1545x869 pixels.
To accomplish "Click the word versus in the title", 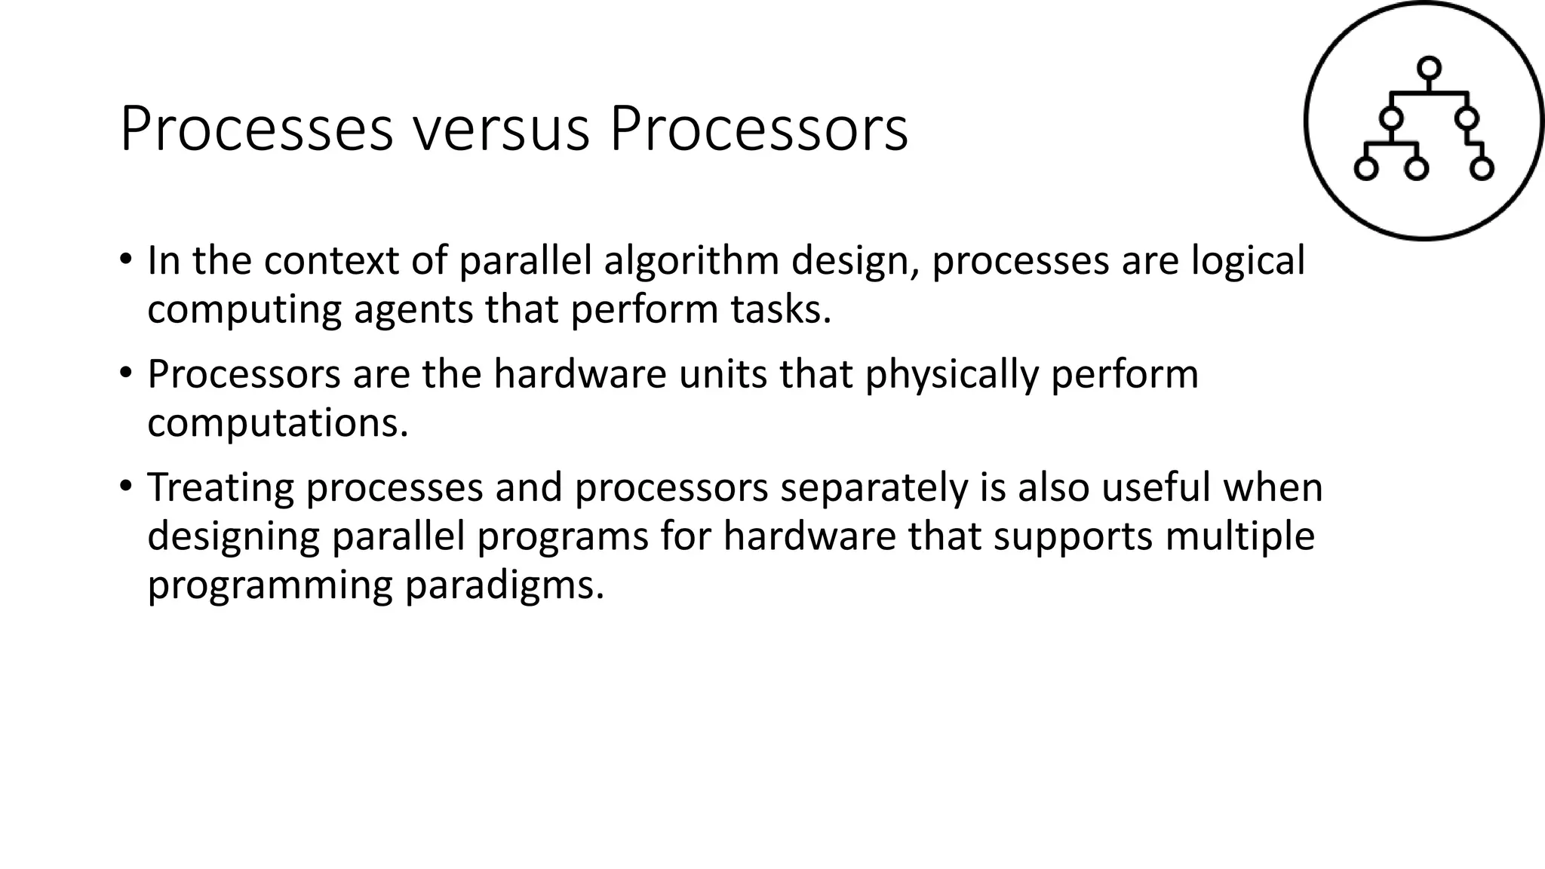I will point(501,131).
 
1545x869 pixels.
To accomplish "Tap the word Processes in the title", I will point(256,131).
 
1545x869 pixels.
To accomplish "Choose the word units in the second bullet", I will point(722,374).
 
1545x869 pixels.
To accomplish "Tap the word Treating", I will point(220,488).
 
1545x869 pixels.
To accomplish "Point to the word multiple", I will point(1239,537).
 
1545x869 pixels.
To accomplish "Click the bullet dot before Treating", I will point(125,484).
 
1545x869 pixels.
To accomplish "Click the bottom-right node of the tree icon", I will point(1482,168).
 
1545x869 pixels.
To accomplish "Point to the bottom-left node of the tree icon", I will point(1366,168).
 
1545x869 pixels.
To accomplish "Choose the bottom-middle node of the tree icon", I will point(1417,168).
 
